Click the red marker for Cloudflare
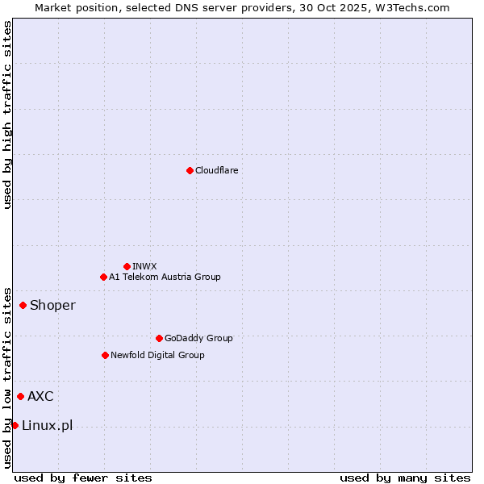tap(190, 170)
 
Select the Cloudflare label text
tap(216, 170)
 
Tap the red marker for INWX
tap(127, 266)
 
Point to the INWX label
tap(144, 266)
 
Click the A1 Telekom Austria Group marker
tap(103, 277)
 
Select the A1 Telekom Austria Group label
tap(165, 277)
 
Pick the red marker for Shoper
tap(23, 305)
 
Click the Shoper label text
tap(52, 305)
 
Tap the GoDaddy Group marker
tap(159, 338)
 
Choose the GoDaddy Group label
tap(198, 338)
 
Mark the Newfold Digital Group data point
tap(105, 355)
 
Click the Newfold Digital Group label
tap(157, 355)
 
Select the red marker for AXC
tap(20, 396)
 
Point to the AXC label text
tap(40, 396)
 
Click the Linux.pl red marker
tap(15, 425)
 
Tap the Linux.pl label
tap(47, 425)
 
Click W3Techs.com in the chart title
tap(416, 7)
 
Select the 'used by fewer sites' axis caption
tap(83, 478)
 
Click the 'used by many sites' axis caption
tap(405, 478)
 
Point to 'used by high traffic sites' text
tap(7, 115)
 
